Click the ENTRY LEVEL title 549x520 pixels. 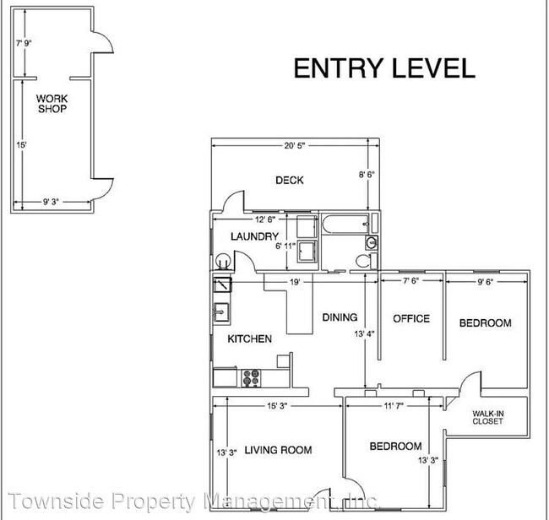tap(383, 68)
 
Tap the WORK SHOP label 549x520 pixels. tap(51, 104)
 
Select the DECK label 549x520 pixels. tap(290, 180)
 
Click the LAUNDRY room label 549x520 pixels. tap(254, 237)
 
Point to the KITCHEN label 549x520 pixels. tap(249, 339)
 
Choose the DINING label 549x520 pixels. tap(340, 317)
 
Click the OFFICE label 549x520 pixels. tap(411, 318)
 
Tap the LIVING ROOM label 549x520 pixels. tap(278, 450)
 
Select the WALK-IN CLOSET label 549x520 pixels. tap(487, 417)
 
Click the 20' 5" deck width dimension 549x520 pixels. tap(293, 146)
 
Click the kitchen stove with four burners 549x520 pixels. tap(251, 377)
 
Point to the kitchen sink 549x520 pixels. tap(221, 312)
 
